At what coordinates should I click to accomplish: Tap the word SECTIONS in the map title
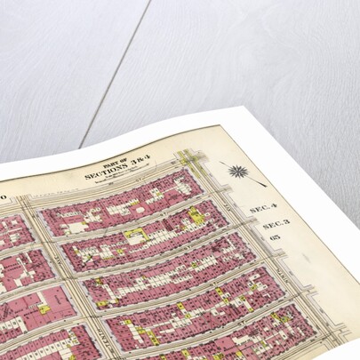[x=100, y=174]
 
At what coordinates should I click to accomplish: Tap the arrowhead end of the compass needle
[x=263, y=184]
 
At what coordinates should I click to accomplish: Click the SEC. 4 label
[x=257, y=207]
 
